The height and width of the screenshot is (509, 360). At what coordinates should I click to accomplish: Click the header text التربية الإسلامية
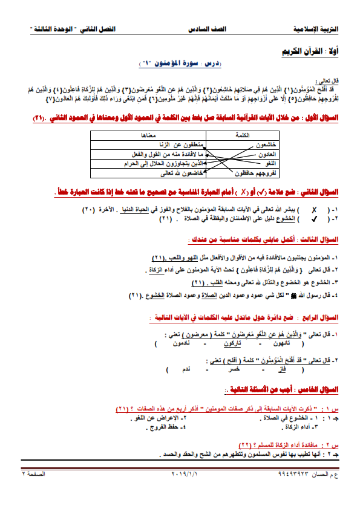[x=319, y=28]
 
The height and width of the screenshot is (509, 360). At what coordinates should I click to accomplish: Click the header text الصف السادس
[x=204, y=28]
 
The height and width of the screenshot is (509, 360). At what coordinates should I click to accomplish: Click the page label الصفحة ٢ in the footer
[x=34, y=475]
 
